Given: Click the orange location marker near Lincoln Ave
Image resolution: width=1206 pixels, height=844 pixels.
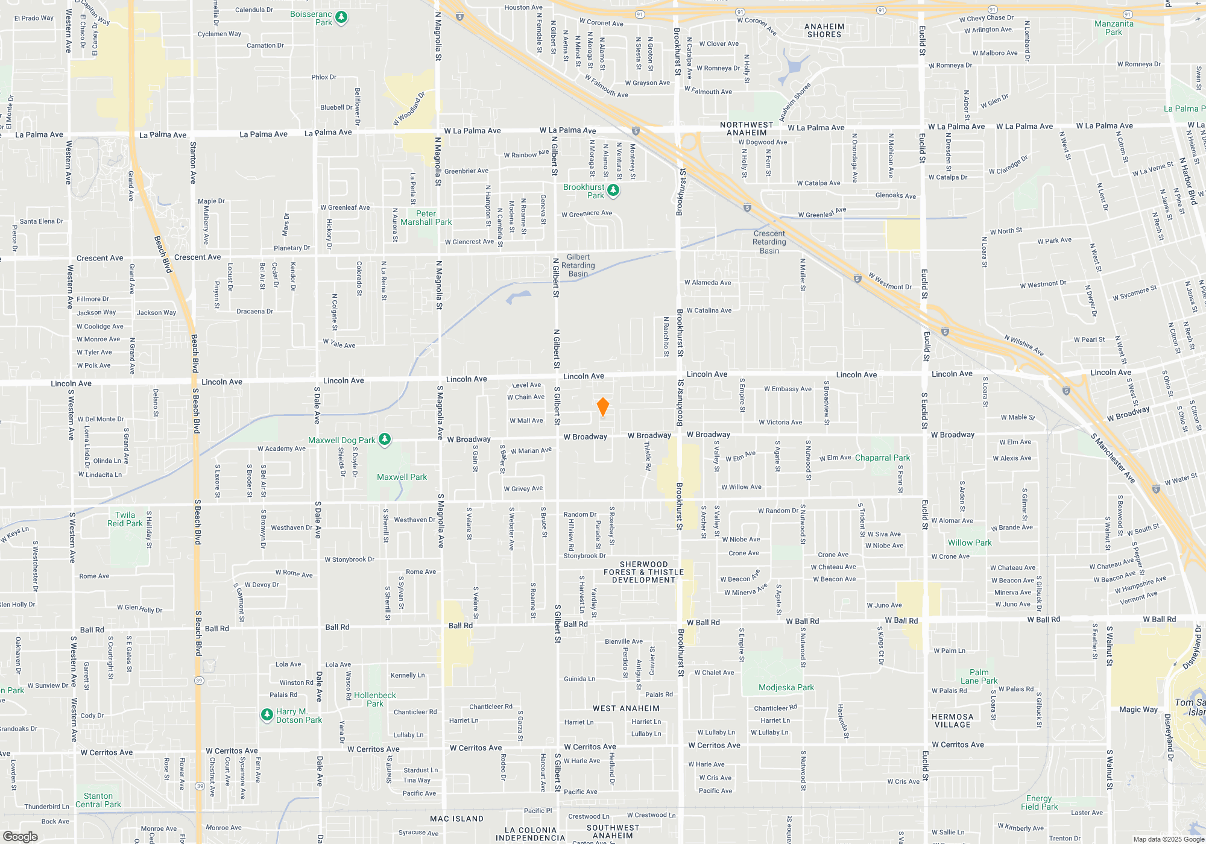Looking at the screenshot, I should [x=602, y=407].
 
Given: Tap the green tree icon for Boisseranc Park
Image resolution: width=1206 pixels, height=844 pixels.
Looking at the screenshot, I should [x=341, y=17].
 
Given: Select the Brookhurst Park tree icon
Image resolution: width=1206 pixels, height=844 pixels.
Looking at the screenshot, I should [x=613, y=191].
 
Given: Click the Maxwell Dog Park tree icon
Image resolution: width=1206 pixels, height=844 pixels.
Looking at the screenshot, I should [x=385, y=439].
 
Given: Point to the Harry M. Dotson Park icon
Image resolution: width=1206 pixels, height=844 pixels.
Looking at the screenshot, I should [x=267, y=715].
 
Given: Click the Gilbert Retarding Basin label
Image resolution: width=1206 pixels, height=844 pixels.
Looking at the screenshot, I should [x=578, y=265].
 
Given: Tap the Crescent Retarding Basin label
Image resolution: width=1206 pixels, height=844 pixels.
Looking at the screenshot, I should [x=769, y=242].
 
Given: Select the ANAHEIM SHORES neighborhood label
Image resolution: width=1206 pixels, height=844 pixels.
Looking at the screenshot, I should [x=824, y=31].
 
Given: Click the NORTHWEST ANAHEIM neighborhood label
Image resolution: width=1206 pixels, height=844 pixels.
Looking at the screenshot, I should [x=747, y=129].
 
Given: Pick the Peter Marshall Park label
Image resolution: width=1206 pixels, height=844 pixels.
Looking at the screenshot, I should [x=426, y=218].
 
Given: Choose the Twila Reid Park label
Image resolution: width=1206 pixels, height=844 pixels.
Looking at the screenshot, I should [x=125, y=519].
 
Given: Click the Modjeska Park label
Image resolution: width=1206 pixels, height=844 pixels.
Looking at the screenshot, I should [x=786, y=687].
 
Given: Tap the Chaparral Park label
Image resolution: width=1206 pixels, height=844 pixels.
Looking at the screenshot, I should [x=882, y=458].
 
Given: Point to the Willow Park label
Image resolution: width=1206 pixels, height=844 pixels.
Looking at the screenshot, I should [x=969, y=543].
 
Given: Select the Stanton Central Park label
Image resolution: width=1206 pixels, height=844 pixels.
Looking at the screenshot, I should [x=98, y=800].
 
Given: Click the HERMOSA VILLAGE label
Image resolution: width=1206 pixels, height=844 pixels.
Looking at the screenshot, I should [x=952, y=720].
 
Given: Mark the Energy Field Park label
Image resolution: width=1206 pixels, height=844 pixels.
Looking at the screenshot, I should [x=1039, y=802].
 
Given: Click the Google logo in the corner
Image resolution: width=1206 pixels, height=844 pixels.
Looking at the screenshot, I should [x=20, y=836].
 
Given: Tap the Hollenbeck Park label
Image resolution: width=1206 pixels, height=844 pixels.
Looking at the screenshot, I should [x=374, y=699].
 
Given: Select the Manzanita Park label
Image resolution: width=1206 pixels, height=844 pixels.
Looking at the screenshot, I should [x=1114, y=28].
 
